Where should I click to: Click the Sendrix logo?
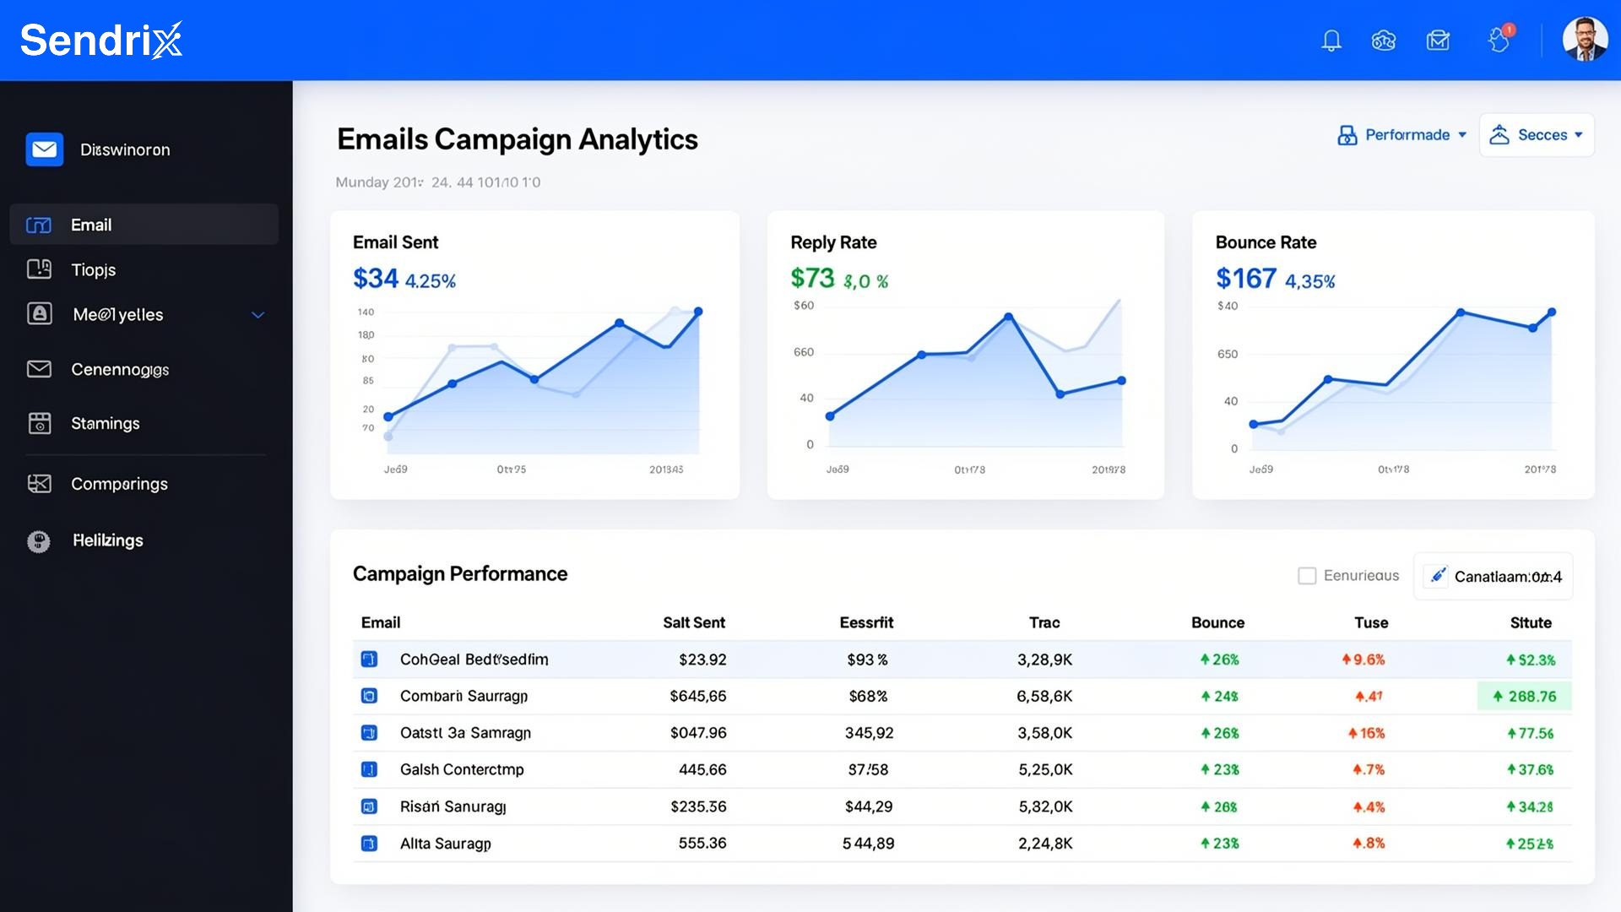pyautogui.click(x=100, y=41)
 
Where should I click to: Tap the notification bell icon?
pyautogui.click(x=1331, y=41)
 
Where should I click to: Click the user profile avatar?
pyautogui.click(x=1585, y=40)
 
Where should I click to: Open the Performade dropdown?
pyautogui.click(x=1402, y=135)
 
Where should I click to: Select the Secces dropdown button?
pyautogui.click(x=1537, y=135)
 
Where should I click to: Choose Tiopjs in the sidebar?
pyautogui.click(x=93, y=269)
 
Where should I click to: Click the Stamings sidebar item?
pyautogui.click(x=105, y=423)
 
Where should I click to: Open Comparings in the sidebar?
pyautogui.click(x=119, y=484)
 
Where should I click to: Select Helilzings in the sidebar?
pyautogui.click(x=107, y=540)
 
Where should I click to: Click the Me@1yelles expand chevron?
pyautogui.click(x=258, y=315)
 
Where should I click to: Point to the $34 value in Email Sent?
pyautogui.click(x=376, y=279)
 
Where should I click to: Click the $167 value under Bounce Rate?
pyautogui.click(x=1245, y=279)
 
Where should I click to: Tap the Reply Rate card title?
pyautogui.click(x=833, y=242)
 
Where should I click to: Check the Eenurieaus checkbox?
pyautogui.click(x=1307, y=576)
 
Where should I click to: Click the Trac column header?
pyautogui.click(x=1044, y=622)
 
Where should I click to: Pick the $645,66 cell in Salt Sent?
pyautogui.click(x=698, y=696)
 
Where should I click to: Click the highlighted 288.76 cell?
pyautogui.click(x=1525, y=696)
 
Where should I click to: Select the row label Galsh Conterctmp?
pyautogui.click(x=462, y=769)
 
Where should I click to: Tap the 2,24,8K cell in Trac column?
pyautogui.click(x=1045, y=843)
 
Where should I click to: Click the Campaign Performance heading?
pyautogui.click(x=460, y=574)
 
